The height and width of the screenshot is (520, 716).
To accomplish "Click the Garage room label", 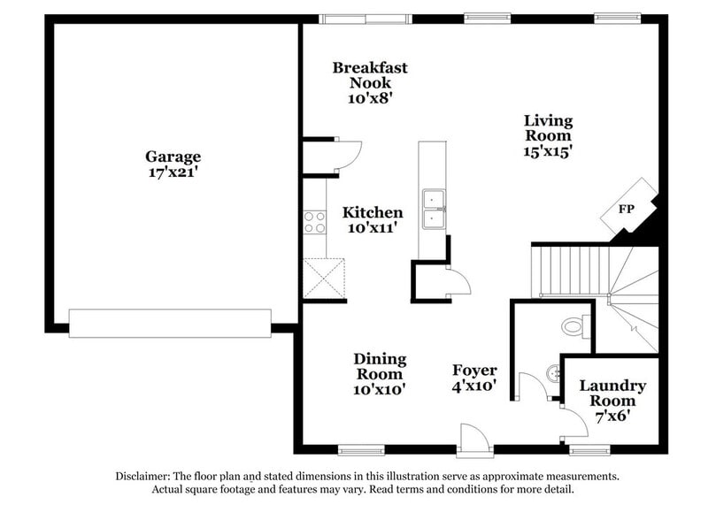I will (x=173, y=157).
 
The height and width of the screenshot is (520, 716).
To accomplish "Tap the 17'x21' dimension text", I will (x=173, y=172).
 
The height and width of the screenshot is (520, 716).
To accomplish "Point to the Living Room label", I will (x=548, y=128).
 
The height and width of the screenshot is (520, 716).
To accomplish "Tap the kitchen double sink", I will (x=434, y=209).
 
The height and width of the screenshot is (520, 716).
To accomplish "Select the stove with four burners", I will (x=314, y=221).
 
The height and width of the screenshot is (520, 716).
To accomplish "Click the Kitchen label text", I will (x=373, y=212).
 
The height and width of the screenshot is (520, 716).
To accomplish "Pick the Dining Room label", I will (x=380, y=366).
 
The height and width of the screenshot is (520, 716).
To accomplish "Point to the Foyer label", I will (x=474, y=370).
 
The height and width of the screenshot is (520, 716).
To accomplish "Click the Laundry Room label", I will (x=612, y=394).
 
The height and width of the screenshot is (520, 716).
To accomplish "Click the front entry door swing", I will (x=471, y=436).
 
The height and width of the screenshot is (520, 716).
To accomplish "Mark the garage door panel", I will (x=170, y=323).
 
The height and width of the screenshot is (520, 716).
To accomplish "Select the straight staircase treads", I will (x=572, y=271).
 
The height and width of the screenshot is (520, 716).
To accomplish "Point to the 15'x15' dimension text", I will (x=548, y=151).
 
